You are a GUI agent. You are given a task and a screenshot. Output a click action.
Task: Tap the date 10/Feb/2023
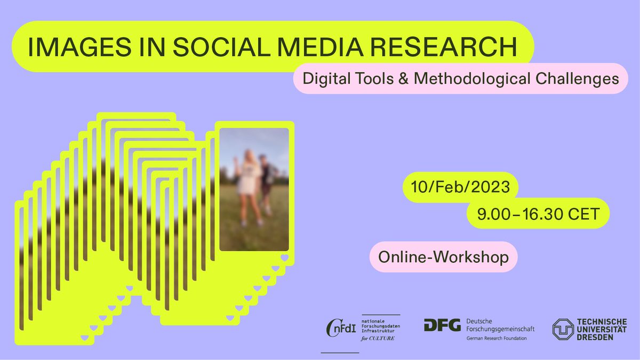pos(460,187)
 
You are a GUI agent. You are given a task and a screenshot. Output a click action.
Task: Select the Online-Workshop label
pos(443,257)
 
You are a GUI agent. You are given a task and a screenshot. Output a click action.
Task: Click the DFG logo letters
pos(442,325)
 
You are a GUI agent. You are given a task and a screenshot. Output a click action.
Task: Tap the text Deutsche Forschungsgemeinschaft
pos(500,325)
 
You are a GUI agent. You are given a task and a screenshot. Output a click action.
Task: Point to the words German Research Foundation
pos(497,339)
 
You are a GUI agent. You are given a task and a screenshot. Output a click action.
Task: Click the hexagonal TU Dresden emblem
pos(563,330)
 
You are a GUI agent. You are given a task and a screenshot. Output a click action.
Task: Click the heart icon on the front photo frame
pos(284,259)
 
